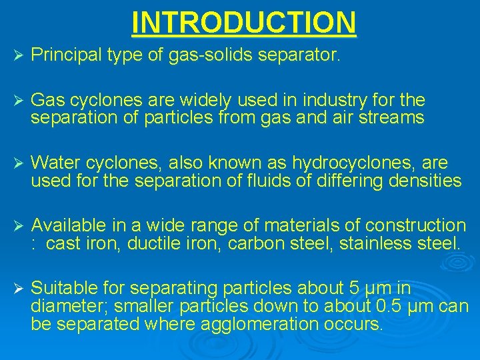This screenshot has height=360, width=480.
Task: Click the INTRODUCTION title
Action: (x=244, y=21)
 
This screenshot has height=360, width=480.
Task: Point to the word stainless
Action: (x=376, y=243)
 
